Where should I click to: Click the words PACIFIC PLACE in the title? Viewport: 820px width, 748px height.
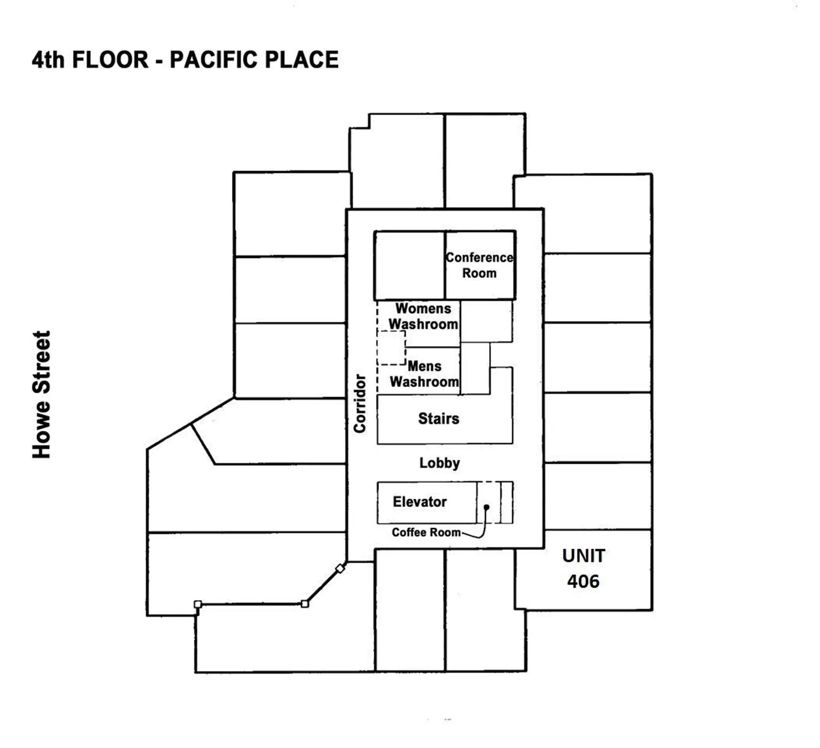pyautogui.click(x=254, y=59)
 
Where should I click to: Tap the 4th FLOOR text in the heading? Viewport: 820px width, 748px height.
pyautogui.click(x=90, y=59)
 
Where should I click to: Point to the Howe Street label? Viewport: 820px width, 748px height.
pyautogui.click(x=41, y=394)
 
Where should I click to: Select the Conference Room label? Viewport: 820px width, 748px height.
pyautogui.click(x=479, y=265)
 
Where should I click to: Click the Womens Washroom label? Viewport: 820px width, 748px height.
pyautogui.click(x=423, y=316)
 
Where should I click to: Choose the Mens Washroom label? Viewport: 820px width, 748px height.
pyautogui.click(x=424, y=374)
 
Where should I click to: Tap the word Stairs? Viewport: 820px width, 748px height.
pyautogui.click(x=439, y=418)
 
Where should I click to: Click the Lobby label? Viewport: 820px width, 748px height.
pyautogui.click(x=439, y=463)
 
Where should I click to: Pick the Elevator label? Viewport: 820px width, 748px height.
pyautogui.click(x=419, y=502)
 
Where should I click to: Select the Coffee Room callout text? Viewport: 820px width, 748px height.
pyautogui.click(x=426, y=532)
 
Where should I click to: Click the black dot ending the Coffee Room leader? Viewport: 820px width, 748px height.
pyautogui.click(x=486, y=507)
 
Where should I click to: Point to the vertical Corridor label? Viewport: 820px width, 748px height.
pyautogui.click(x=360, y=403)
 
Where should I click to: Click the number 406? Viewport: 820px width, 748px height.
pyautogui.click(x=583, y=581)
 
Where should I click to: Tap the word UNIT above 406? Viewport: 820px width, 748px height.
pyautogui.click(x=583, y=556)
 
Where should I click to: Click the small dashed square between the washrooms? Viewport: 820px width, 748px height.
pyautogui.click(x=392, y=348)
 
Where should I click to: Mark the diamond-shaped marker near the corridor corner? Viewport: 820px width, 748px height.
pyautogui.click(x=340, y=568)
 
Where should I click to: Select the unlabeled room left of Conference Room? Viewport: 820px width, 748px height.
pyautogui.click(x=409, y=265)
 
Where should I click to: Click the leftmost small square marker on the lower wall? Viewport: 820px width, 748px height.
pyautogui.click(x=198, y=604)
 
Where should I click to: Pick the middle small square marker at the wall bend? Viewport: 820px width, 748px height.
pyautogui.click(x=305, y=604)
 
